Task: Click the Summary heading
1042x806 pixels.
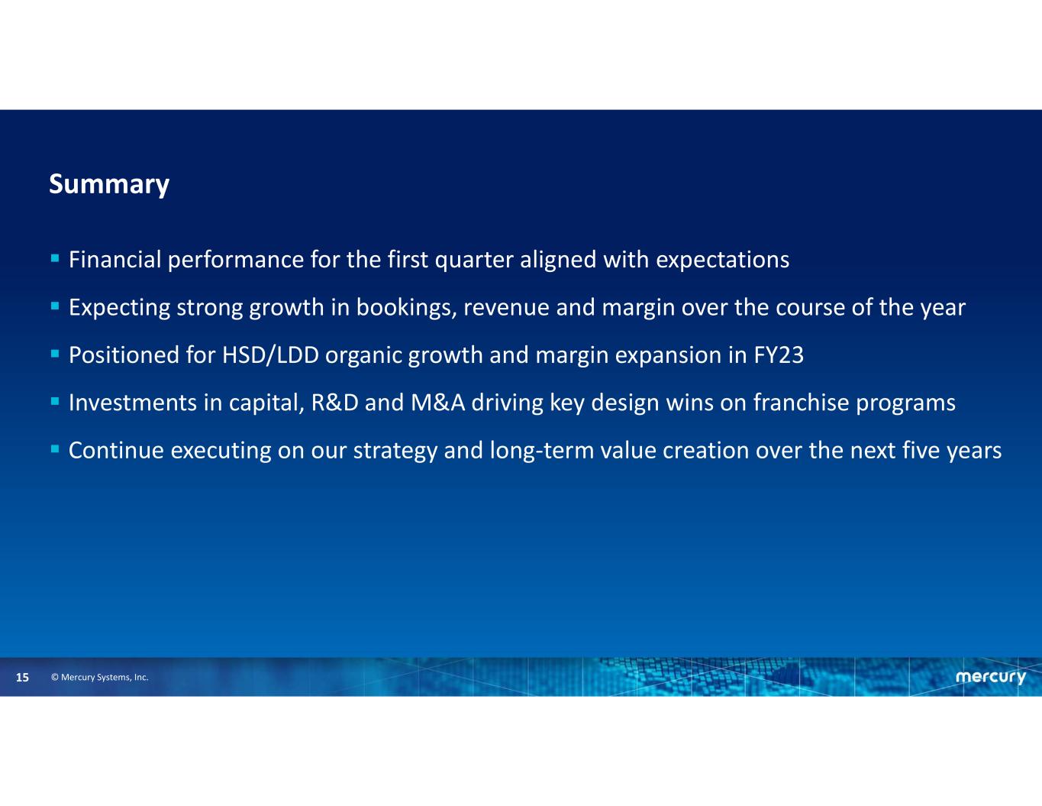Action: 109,185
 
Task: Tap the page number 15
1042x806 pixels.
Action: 23,678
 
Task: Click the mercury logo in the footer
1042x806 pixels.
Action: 991,678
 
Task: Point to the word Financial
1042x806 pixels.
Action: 115,260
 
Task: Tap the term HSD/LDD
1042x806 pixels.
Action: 270,355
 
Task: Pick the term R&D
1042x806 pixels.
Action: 334,403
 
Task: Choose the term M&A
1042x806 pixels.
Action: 438,403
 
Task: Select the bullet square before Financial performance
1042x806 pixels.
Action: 55,259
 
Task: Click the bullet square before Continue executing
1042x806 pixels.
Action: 55,449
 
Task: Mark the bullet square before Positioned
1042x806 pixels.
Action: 55,354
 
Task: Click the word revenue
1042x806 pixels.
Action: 506,309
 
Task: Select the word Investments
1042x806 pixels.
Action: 133,403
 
